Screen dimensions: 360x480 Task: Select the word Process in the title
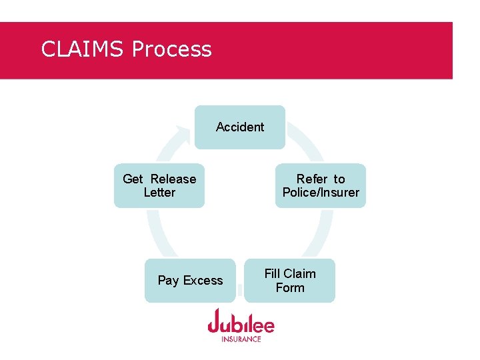(172, 49)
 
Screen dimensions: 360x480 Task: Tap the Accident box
(240, 127)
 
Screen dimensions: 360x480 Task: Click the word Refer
(312, 179)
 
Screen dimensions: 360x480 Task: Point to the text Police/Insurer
(321, 193)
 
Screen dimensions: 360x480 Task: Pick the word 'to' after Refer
(339, 179)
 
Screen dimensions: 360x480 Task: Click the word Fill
(273, 273)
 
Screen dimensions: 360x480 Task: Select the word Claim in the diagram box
(300, 273)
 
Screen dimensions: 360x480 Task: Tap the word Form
(290, 288)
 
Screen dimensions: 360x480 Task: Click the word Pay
(168, 281)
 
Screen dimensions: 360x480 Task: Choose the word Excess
(203, 281)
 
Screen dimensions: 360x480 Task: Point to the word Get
(133, 179)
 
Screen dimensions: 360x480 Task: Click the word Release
(173, 179)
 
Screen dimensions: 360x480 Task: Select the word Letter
(159, 193)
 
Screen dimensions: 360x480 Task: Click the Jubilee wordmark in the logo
(241, 323)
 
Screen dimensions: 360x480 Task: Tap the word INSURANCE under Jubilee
(241, 339)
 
